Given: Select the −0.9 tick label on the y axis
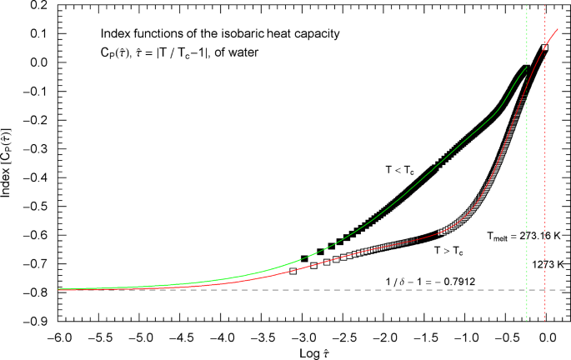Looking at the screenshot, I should pos(38,321).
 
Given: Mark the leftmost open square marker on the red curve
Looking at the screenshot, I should pos(293,272).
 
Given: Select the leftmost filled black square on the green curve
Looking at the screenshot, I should pos(304,258).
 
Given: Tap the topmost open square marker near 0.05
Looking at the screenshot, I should pos(544,48).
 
